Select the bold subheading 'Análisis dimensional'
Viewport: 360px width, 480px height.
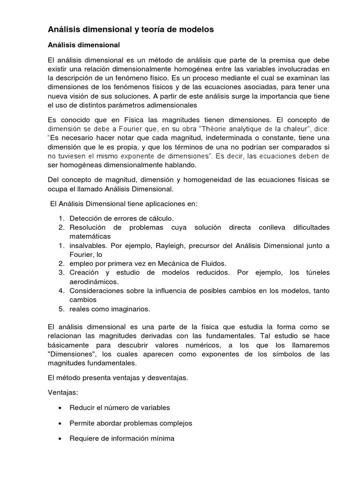pyautogui.click(x=84, y=45)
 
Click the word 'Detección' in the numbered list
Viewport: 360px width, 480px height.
pyautogui.click(x=85, y=218)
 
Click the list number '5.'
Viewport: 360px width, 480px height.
pyautogui.click(x=61, y=308)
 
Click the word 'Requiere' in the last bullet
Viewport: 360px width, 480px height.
pyautogui.click(x=84, y=438)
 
